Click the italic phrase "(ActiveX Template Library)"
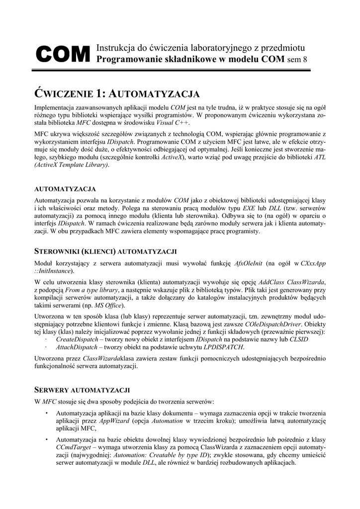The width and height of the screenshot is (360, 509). pos(71,165)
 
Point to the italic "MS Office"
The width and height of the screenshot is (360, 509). pos(108,305)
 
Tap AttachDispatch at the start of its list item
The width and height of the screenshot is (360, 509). pos(76,346)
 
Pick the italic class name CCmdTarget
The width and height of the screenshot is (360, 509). pos(74,447)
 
